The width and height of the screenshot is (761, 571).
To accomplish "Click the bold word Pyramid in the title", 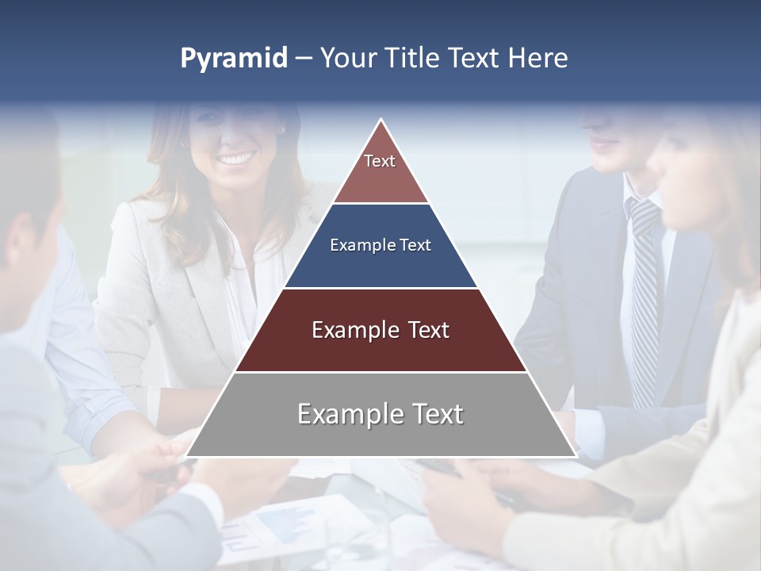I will [234, 59].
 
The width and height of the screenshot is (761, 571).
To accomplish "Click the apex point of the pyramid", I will [380, 120].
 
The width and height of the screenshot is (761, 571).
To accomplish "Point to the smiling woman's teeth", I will [234, 159].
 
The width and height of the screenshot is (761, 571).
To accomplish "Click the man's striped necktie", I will [643, 301].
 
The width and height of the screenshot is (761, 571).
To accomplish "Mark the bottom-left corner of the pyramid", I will [186, 456].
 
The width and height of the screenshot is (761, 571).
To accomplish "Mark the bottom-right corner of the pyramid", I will [576, 456].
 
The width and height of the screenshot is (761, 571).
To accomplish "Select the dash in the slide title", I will [304, 59].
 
